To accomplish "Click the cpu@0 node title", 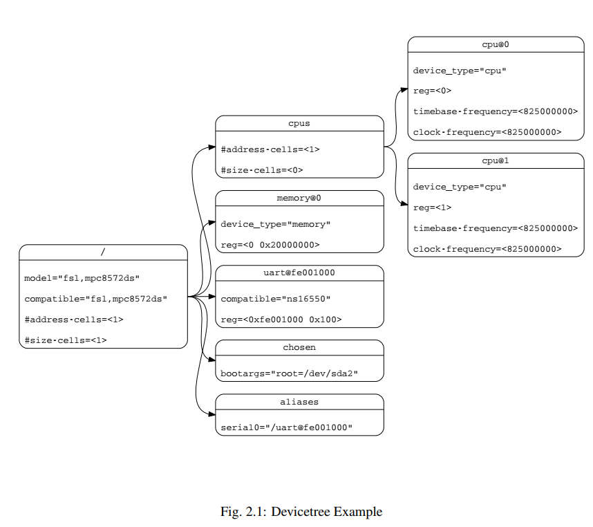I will pyautogui.click(x=496, y=44).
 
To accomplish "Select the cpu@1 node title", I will pyautogui.click(x=496, y=160).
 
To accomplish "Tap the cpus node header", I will pyautogui.click(x=299, y=123).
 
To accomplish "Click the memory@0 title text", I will pyautogui.click(x=299, y=198).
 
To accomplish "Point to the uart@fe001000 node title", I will pyautogui.click(x=299, y=272).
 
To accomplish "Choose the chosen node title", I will pyautogui.click(x=299, y=347).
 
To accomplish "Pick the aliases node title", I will pyautogui.click(x=299, y=401).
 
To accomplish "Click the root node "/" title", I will pyautogui.click(x=103, y=252).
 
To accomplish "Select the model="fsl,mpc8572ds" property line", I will pyautogui.click(x=82, y=278).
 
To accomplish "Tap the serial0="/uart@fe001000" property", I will pyautogui.click(x=287, y=427).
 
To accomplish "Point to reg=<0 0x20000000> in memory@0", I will pyautogui.click(x=270, y=245).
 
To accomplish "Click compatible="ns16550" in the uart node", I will pyautogui.click(x=276, y=299).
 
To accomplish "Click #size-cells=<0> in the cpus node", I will pyautogui.click(x=262, y=170).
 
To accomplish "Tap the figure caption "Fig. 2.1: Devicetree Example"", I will pyautogui.click(x=301, y=512).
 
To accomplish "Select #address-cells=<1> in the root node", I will pyautogui.click(x=74, y=320).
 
